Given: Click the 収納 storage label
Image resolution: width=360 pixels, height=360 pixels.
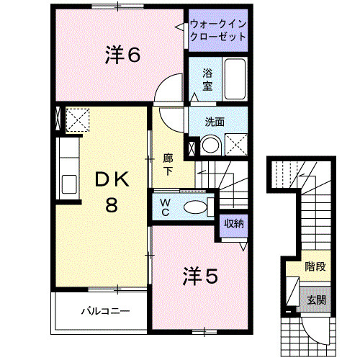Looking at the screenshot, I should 233,223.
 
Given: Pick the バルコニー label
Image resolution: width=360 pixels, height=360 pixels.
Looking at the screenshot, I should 104,312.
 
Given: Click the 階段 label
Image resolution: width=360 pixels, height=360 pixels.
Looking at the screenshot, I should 314,266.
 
